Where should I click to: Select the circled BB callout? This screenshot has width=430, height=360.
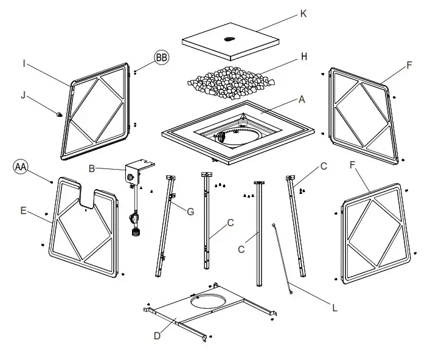[162, 58]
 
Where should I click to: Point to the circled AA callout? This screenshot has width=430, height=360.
[21, 167]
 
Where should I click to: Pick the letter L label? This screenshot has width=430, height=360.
[334, 308]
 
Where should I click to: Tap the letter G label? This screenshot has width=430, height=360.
[191, 211]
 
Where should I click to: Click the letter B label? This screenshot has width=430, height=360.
[91, 168]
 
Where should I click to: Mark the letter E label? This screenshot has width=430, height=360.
[23, 211]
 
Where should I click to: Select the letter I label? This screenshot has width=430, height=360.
[24, 63]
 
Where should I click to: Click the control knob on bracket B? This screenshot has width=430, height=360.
[130, 176]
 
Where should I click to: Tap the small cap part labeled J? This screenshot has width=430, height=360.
[59, 113]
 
